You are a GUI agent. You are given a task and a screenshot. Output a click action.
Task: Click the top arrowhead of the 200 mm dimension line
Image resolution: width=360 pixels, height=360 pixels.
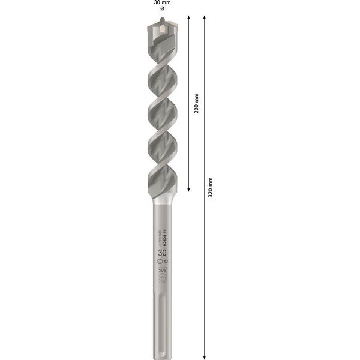coord(190,19)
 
